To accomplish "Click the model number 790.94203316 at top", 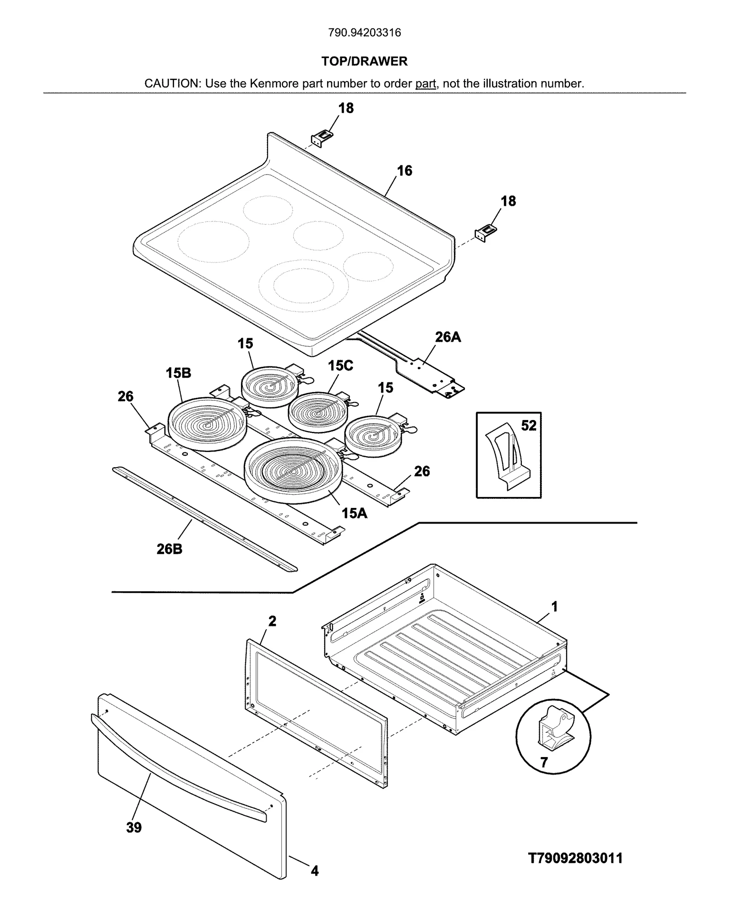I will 365,33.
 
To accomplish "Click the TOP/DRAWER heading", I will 364,61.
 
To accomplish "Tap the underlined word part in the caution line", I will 426,84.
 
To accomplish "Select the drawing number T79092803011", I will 575,858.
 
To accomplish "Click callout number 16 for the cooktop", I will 405,171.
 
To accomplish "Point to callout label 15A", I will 355,513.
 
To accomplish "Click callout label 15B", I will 178,373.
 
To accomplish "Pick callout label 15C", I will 340,365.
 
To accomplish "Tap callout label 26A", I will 448,338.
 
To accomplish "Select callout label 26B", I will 170,549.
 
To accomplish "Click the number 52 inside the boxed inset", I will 528,425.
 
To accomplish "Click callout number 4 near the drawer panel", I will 315,871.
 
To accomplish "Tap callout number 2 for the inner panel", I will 272,621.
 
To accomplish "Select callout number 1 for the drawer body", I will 554,607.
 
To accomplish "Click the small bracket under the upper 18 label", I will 322,137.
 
